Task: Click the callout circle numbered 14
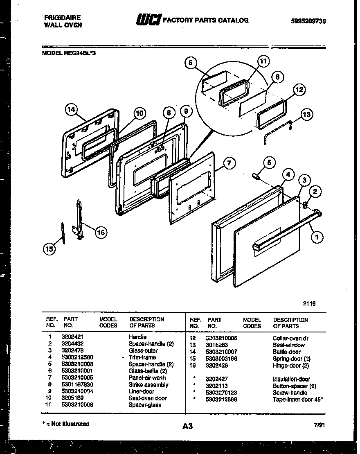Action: [x=72, y=109]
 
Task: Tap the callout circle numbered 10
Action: [x=139, y=113]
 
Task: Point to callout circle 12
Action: [x=299, y=90]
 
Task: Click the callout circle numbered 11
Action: [x=263, y=62]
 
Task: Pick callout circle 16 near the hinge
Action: [x=101, y=233]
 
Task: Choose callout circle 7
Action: [x=229, y=163]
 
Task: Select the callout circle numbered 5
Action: [x=269, y=163]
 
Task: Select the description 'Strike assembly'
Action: [x=148, y=385]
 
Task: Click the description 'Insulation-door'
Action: [x=291, y=379]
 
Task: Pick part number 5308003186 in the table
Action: [x=222, y=359]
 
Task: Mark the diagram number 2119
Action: [x=309, y=304]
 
